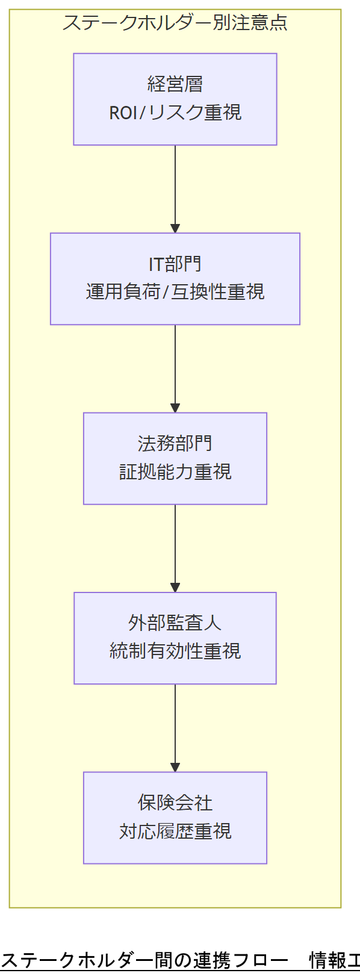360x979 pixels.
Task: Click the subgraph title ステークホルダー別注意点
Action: (175, 23)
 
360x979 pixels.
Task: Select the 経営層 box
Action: (175, 99)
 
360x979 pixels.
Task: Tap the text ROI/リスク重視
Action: (175, 113)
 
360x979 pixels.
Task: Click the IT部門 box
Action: (175, 278)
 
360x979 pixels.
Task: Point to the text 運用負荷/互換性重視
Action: (175, 292)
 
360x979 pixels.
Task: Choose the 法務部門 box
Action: (175, 458)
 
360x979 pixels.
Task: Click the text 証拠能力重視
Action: (175, 471)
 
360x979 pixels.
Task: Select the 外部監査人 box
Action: (175, 638)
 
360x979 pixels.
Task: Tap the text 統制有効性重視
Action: (175, 651)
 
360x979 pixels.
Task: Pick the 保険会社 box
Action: (175, 817)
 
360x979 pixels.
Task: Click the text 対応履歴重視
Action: (175, 831)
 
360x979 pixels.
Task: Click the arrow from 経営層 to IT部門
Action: (175, 187)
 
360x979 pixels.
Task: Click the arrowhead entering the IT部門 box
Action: (175, 229)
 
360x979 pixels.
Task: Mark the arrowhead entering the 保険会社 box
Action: (175, 768)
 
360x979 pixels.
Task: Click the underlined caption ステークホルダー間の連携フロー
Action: (144, 960)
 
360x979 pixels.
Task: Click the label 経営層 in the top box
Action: (175, 84)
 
